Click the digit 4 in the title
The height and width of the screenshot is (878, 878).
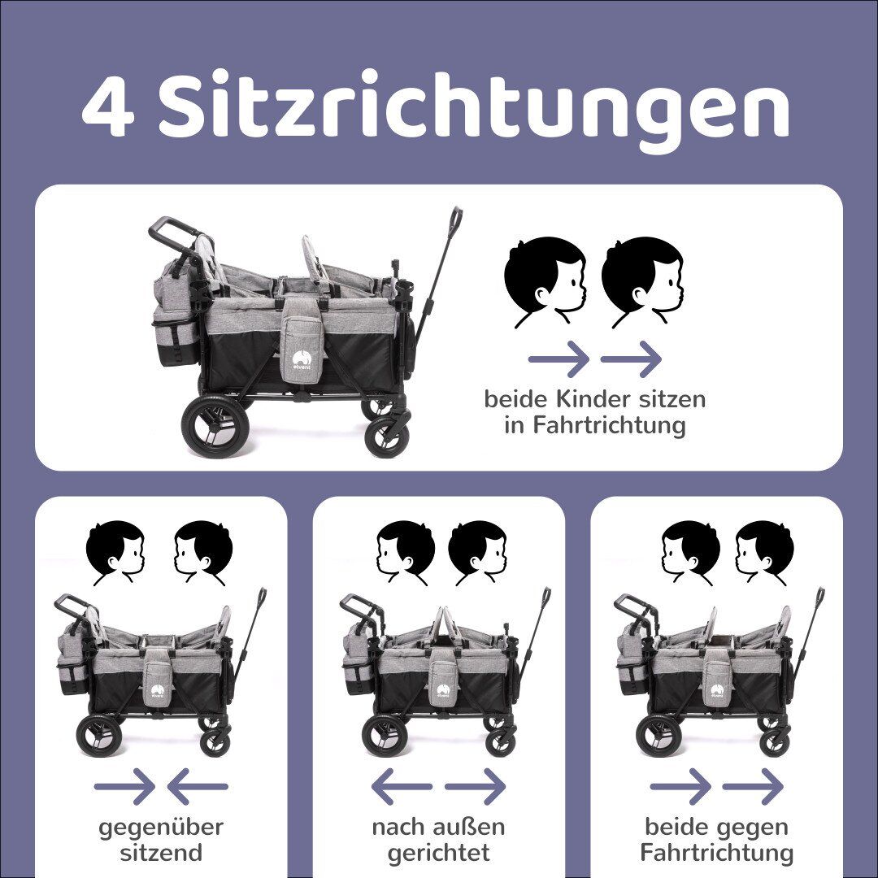[x=107, y=108]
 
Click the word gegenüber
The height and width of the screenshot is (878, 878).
[x=161, y=828]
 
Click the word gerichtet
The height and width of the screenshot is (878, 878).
[x=438, y=853]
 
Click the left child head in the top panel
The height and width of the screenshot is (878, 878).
[x=543, y=278]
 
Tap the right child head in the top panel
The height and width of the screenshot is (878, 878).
[x=641, y=278]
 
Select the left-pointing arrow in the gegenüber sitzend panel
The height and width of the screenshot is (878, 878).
[x=198, y=786]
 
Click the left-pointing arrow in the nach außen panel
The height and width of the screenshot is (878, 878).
[x=401, y=786]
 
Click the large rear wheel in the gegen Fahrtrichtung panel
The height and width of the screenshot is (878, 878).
[x=659, y=735]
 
